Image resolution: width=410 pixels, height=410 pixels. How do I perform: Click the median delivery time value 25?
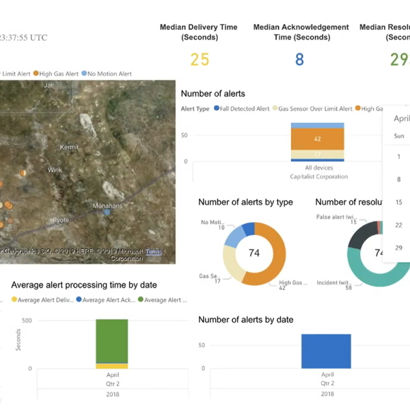pos(200,60)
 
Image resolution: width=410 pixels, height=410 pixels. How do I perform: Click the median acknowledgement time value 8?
pos(299,60)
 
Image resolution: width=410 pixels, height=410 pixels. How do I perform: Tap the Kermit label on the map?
pos(70,148)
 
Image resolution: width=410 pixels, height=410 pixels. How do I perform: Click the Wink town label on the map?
pos(55,170)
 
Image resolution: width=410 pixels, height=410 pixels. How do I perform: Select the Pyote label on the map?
pos(61,220)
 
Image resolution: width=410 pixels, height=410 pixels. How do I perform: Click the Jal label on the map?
pos(48,85)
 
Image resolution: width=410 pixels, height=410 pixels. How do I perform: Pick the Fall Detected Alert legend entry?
pos(242,109)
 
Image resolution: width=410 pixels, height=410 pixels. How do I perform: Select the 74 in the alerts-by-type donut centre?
pos(254,253)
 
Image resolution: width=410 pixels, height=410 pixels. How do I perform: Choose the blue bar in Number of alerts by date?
pos(326,351)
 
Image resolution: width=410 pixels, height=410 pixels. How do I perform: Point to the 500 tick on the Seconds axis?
pos(27,320)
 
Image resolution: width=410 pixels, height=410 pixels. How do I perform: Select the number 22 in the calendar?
pos(399,225)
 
